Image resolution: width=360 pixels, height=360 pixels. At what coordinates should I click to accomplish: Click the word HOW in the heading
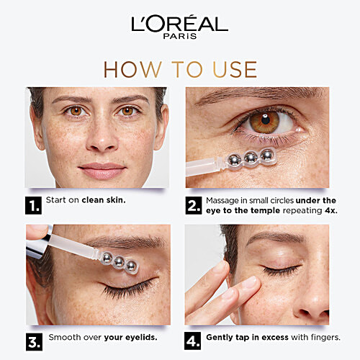[129, 69]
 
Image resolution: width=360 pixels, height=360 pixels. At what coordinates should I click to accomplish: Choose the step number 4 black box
[193, 341]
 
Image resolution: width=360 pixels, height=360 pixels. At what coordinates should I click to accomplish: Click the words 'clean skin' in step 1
[104, 199]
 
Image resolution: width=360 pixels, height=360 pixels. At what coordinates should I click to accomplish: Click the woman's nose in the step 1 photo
[98, 142]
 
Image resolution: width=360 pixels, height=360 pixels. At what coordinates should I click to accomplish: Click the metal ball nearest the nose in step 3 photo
[131, 267]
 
